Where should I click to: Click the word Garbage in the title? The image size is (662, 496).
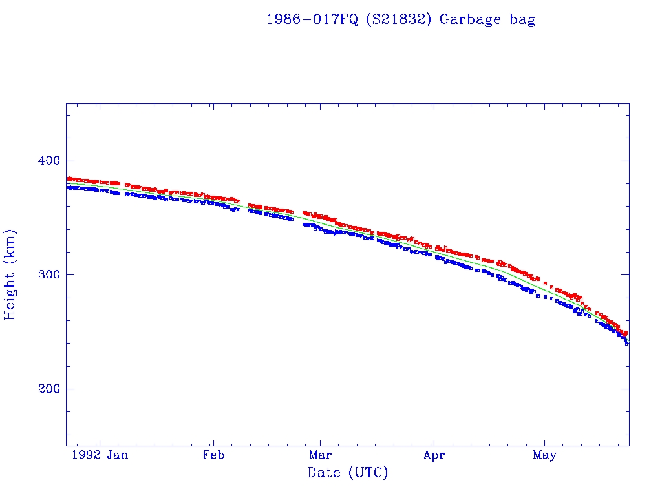(471, 19)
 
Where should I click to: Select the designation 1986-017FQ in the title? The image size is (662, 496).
(312, 19)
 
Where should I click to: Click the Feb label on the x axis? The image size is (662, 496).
(213, 455)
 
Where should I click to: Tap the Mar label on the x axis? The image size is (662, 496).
(321, 455)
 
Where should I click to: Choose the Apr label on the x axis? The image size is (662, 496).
(434, 455)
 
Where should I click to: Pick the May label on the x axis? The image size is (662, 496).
(544, 455)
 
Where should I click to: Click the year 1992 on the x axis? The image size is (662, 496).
(86, 455)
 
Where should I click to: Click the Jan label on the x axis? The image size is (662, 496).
(118, 455)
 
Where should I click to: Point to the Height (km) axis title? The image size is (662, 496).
(10, 274)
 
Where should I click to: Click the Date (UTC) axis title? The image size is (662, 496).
(348, 473)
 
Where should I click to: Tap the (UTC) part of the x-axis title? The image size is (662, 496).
(368, 473)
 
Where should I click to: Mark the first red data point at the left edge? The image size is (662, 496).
(69, 178)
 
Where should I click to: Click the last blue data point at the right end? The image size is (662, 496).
(626, 344)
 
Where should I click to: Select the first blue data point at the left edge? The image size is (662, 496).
(69, 187)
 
